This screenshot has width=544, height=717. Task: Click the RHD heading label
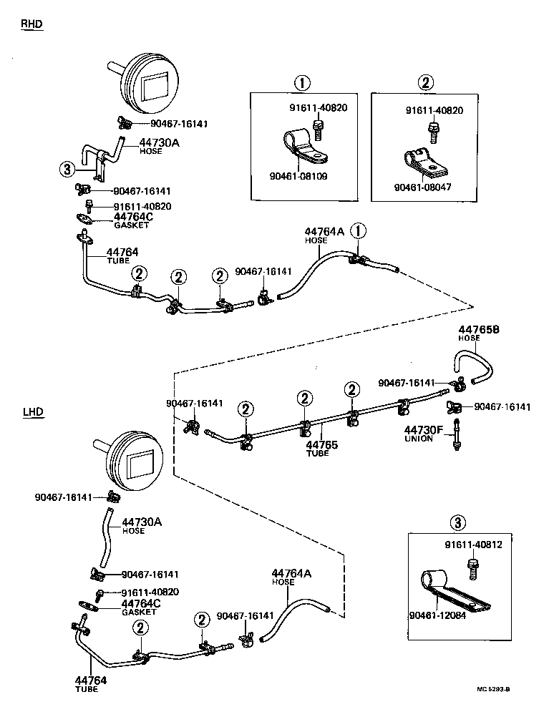tap(31, 24)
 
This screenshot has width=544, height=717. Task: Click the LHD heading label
tap(33, 411)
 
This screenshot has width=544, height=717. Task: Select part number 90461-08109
tap(298, 175)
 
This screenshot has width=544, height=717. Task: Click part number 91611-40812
tap(473, 545)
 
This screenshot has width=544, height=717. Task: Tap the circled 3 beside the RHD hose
tap(67, 169)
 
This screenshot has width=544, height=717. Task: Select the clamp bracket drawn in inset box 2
tap(423, 161)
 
